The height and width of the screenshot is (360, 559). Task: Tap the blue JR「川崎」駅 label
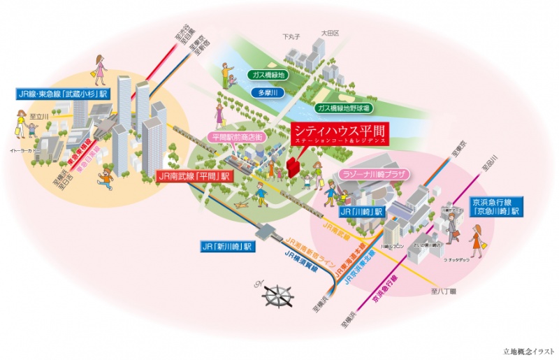click(x=361, y=211)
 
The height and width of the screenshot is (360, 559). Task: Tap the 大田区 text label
click(x=329, y=33)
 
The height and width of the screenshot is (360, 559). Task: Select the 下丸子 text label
click(x=291, y=36)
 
